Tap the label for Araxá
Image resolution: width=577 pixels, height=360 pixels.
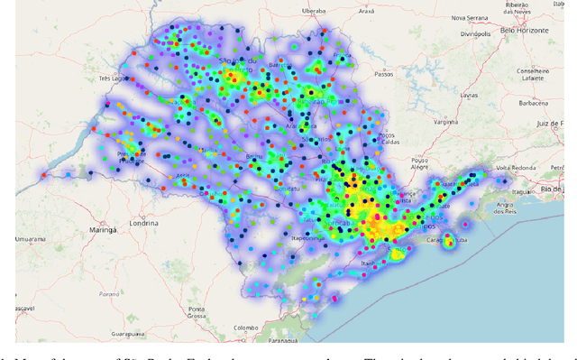[x=365, y=11]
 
